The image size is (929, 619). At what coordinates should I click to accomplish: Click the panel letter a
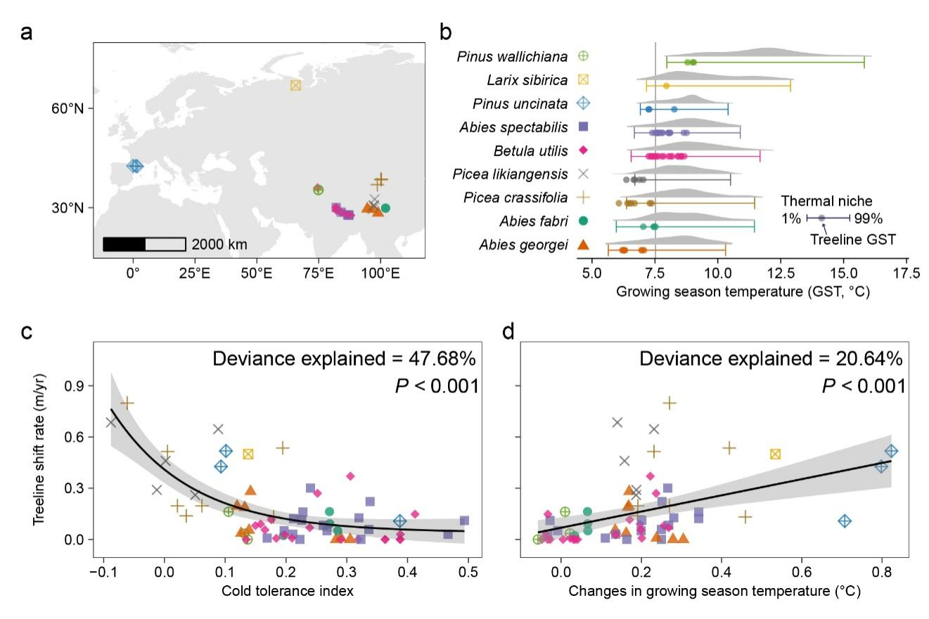[27, 32]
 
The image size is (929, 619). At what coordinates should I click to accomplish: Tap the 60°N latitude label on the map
[70, 108]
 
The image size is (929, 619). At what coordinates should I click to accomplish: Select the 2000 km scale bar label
[219, 245]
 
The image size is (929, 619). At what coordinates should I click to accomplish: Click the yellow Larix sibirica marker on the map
[295, 85]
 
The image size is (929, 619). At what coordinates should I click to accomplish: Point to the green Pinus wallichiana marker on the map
[318, 189]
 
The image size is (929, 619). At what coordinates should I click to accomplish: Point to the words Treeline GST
[853, 240]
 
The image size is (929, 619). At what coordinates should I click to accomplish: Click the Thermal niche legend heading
[826, 202]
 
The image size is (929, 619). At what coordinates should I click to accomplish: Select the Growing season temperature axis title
[743, 291]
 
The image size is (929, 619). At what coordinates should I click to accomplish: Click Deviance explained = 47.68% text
[345, 359]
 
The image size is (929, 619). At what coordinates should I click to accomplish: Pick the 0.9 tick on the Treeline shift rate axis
[74, 385]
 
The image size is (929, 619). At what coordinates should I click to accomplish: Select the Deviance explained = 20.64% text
[771, 359]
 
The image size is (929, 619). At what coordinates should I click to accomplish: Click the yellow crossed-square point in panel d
[775, 454]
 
